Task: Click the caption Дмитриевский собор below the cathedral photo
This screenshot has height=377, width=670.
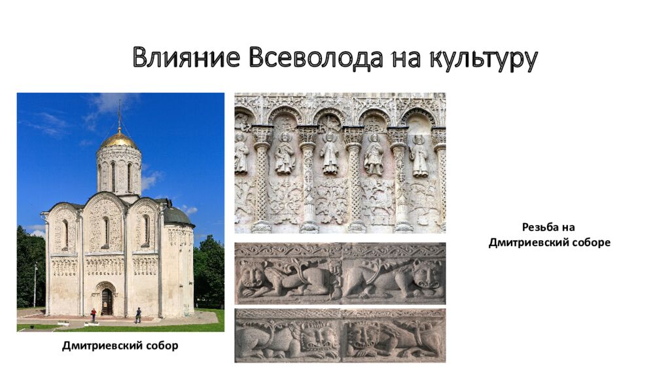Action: pyautogui.click(x=120, y=346)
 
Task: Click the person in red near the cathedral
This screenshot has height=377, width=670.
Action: pyautogui.click(x=93, y=315)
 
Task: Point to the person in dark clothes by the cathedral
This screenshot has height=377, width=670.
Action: pyautogui.click(x=137, y=315)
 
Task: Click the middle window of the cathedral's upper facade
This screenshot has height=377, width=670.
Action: pyautogui.click(x=105, y=230)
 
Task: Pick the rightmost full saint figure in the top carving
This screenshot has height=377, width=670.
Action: pyautogui.click(x=419, y=156)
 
